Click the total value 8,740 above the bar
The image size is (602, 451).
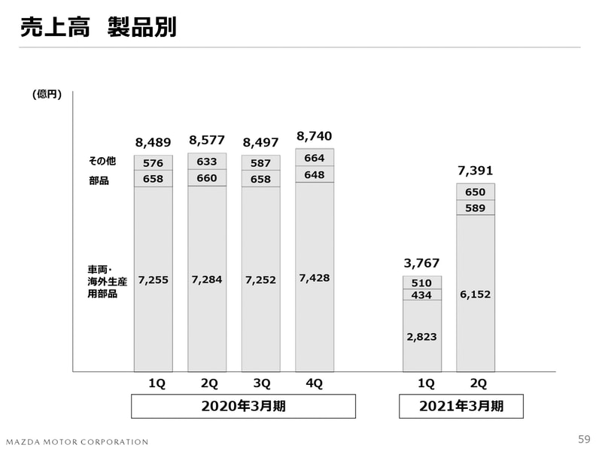pyautogui.click(x=314, y=136)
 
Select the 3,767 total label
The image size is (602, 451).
pyautogui.click(x=421, y=263)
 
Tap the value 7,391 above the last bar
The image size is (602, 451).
pyautogui.click(x=475, y=171)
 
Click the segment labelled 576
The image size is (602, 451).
pyautogui.click(x=154, y=162)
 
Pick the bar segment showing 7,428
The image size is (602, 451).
pyautogui.click(x=314, y=278)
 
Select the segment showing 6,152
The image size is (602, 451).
pyautogui.click(x=475, y=295)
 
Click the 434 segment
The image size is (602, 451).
pyautogui.click(x=421, y=295)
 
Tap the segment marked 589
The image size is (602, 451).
pyautogui.click(x=475, y=207)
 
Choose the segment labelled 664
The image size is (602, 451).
pyautogui.click(x=314, y=158)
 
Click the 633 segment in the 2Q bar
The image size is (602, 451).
pyautogui.click(x=207, y=161)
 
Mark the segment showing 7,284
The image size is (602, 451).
pyautogui.click(x=207, y=280)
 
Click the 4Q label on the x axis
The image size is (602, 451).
pyautogui.click(x=314, y=383)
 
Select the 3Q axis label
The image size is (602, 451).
pyautogui.click(x=261, y=383)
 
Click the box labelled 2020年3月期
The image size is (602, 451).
pyautogui.click(x=243, y=407)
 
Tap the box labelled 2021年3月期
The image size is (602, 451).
pyautogui.click(x=461, y=407)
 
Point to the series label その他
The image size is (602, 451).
pyautogui.click(x=102, y=162)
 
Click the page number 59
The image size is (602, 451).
pyautogui.click(x=584, y=439)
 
